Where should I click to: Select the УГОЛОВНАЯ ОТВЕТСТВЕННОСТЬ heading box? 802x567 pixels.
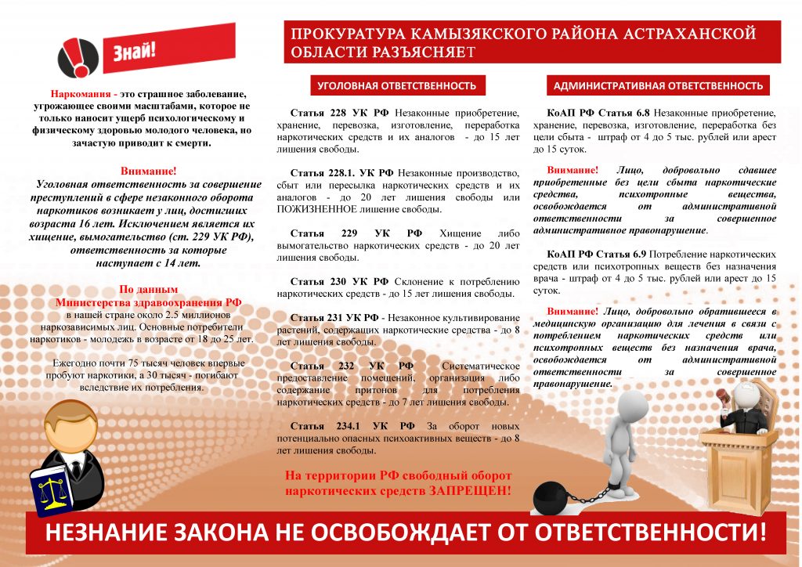pyautogui.click(x=397, y=85)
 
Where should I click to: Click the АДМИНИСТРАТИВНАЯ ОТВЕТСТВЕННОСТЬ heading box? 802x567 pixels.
pyautogui.click(x=658, y=85)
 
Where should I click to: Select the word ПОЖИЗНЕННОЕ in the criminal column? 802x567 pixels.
pyautogui.click(x=316, y=209)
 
